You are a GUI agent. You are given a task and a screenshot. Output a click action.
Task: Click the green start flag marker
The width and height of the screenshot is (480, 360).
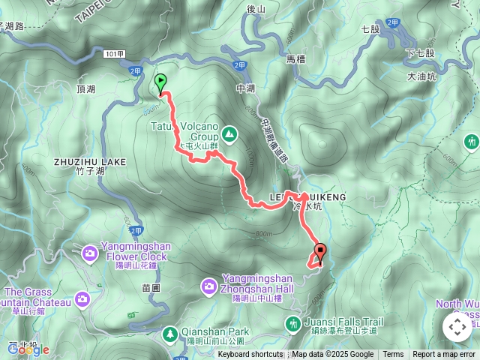[x=160, y=83]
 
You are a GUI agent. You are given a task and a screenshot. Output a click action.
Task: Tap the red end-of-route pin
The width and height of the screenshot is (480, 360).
[x=320, y=253]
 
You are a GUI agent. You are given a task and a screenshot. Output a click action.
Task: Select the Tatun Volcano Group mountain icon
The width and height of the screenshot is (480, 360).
[x=229, y=135]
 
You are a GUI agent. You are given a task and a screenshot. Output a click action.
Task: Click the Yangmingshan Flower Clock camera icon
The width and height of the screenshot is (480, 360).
[x=90, y=253]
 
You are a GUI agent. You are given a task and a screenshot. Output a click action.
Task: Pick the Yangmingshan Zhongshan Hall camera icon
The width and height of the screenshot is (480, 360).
[x=210, y=286]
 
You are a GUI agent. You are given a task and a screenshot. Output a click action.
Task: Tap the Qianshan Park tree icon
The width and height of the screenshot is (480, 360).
[x=171, y=332]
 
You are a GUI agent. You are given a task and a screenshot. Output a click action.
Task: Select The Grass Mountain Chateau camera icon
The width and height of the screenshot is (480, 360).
[x=82, y=299]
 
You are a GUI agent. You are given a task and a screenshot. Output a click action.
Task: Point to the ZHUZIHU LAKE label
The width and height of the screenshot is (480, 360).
[x=89, y=161]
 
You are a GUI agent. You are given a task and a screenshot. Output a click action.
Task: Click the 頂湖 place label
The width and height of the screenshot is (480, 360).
[x=86, y=89]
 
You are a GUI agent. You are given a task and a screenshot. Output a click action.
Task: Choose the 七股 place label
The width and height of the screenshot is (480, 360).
[x=370, y=29]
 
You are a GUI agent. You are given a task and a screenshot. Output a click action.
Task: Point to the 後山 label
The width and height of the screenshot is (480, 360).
[x=256, y=9]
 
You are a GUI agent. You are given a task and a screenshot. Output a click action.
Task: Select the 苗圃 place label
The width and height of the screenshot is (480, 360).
[x=151, y=287]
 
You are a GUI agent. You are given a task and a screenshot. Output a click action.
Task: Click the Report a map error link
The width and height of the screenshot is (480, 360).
[x=444, y=355]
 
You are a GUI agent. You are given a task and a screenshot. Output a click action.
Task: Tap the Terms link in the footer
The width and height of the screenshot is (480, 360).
[x=393, y=355]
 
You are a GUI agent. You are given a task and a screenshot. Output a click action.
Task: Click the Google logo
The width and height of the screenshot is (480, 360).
[x=28, y=349]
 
